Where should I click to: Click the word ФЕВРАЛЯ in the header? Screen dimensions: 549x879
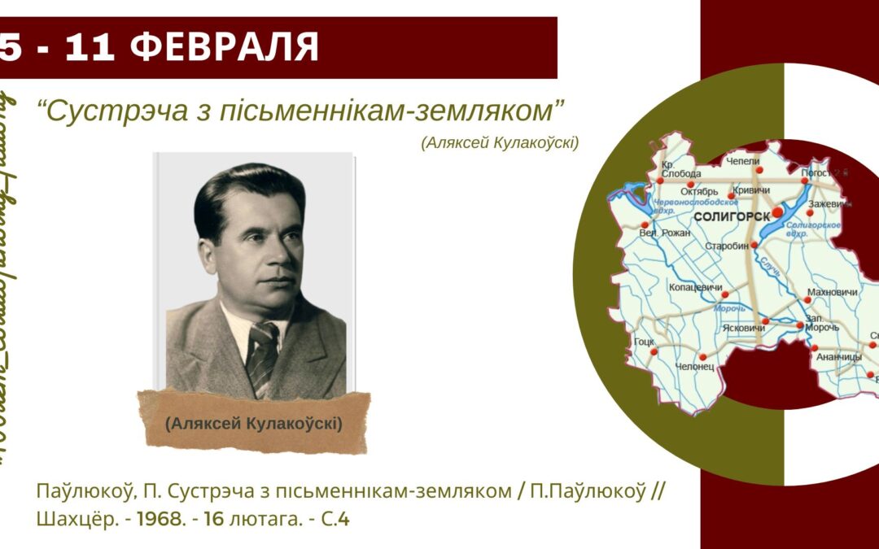pyautogui.click(x=225, y=48)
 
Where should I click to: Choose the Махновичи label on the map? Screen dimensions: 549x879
pyautogui.click(x=832, y=291)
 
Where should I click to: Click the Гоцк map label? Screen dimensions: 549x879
pyautogui.click(x=644, y=342)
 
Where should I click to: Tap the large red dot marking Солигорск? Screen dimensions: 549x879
pyautogui.click(x=777, y=211)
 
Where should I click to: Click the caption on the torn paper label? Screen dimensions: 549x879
pyautogui.click(x=253, y=424)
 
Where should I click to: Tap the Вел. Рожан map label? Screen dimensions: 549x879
pyautogui.click(x=665, y=233)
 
